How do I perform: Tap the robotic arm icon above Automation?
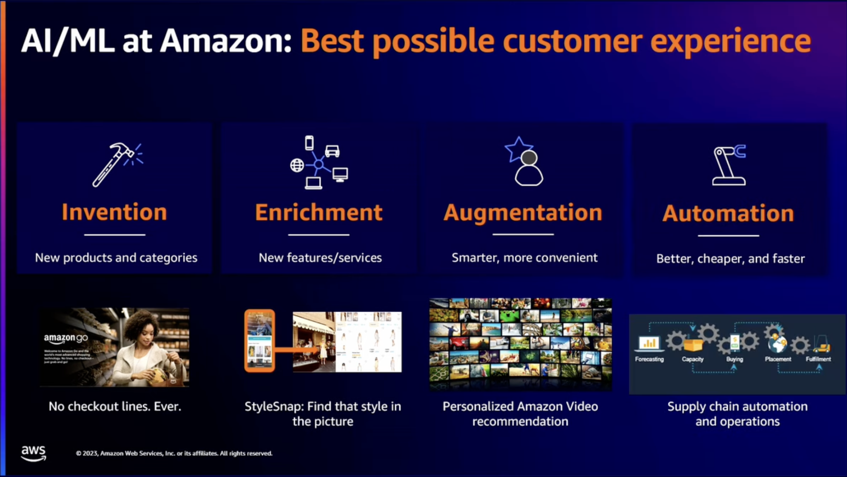(x=729, y=165)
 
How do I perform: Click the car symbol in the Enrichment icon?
(x=332, y=151)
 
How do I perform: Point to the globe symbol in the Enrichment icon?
(x=297, y=165)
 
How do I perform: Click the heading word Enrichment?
(x=318, y=212)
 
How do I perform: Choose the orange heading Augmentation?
(x=523, y=213)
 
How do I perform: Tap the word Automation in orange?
(x=728, y=214)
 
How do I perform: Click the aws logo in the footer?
(x=33, y=453)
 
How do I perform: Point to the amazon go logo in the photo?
(x=66, y=338)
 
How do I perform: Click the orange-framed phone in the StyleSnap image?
(x=260, y=341)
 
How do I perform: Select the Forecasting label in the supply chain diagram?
(x=649, y=359)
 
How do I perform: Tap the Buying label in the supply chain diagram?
(x=735, y=359)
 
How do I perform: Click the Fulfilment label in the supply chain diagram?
(x=818, y=359)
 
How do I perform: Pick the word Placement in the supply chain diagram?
(x=778, y=359)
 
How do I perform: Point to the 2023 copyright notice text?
(x=174, y=453)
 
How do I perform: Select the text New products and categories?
(x=116, y=258)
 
